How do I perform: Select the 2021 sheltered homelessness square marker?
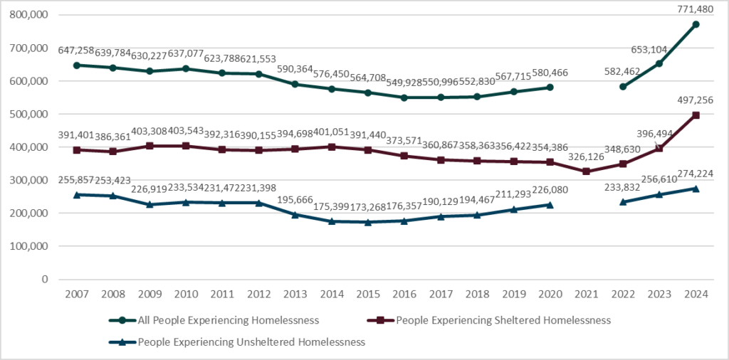[x=586, y=171]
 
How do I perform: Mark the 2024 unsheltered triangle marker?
[x=696, y=189]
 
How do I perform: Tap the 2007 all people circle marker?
[x=76, y=65]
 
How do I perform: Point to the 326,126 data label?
[x=586, y=158]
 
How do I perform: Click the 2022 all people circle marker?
[x=623, y=87]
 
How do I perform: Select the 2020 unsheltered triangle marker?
[x=550, y=205]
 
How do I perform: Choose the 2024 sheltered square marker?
[x=696, y=115]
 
